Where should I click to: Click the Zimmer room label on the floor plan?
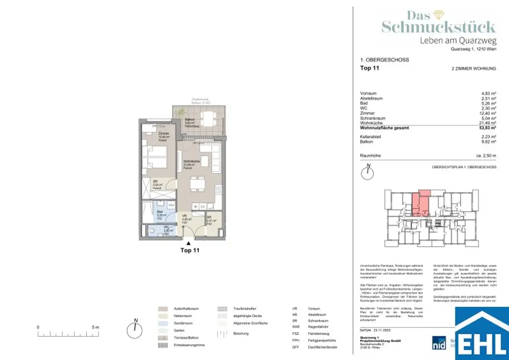164,135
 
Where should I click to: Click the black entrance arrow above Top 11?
188,242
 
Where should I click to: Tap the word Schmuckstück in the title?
438,27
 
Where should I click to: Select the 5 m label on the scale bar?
95,327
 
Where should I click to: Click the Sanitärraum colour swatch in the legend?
164,323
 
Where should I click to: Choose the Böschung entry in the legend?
241,334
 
